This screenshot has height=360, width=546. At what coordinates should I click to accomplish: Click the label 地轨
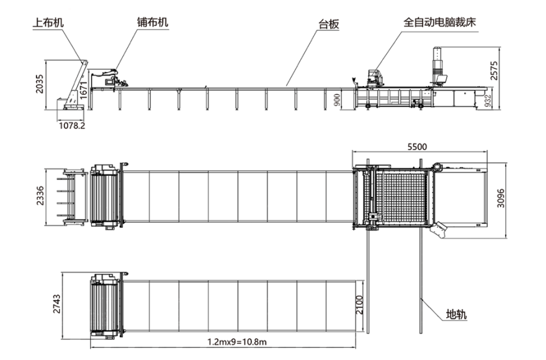[x=456, y=315]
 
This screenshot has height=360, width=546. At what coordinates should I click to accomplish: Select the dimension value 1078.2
[x=72, y=125]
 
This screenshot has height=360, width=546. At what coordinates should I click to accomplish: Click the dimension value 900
[x=338, y=100]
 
